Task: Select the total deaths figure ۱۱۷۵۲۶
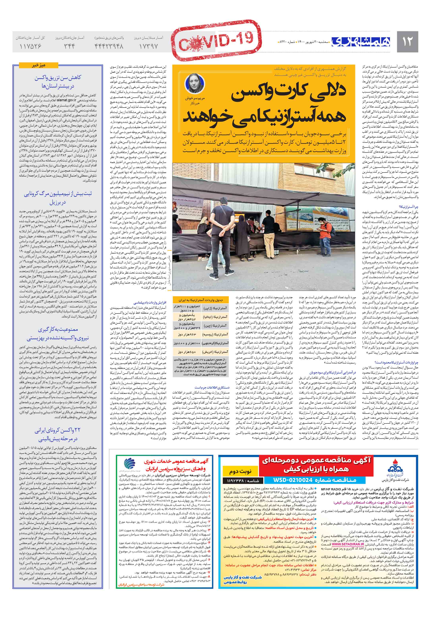(x=30, y=46)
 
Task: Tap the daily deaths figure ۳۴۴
(x=69, y=46)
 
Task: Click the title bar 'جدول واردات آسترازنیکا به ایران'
(x=201, y=300)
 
